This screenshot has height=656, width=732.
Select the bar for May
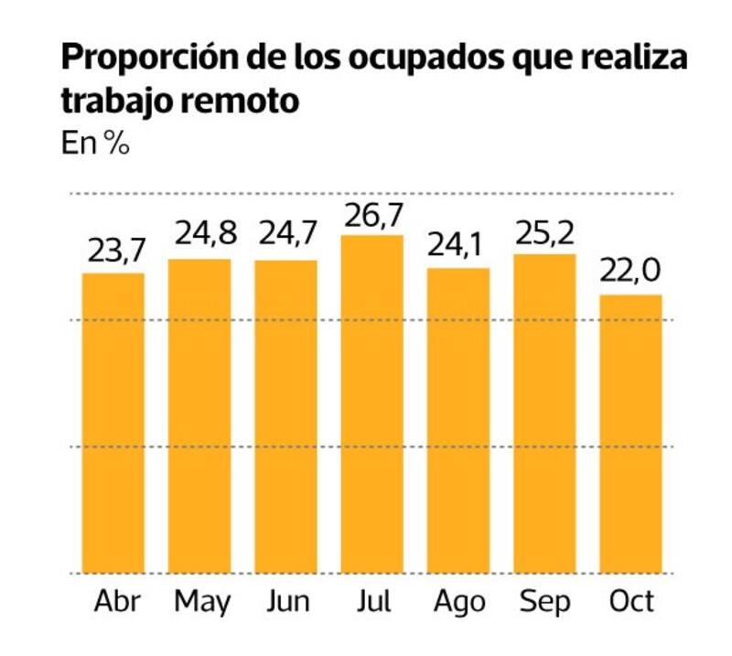[199, 416]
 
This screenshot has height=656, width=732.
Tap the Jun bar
[285, 416]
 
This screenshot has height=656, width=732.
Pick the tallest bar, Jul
[372, 403]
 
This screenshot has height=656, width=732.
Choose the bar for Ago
[458, 420]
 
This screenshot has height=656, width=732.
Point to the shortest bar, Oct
[631, 434]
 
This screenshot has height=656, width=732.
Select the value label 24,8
[199, 234]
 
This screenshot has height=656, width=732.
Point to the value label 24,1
[458, 245]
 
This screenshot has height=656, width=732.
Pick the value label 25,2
[545, 234]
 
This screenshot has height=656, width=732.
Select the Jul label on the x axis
[372, 602]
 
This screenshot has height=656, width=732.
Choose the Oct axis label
[631, 602]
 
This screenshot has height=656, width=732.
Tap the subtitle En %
[94, 145]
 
